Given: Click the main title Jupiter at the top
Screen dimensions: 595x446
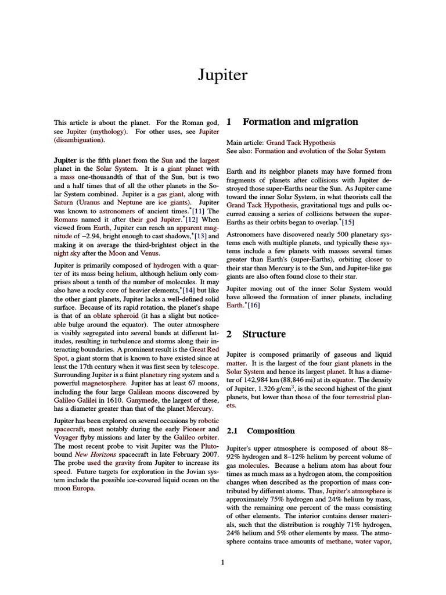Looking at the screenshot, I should (x=223, y=76).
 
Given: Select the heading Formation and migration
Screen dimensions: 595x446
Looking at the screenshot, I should (x=300, y=122).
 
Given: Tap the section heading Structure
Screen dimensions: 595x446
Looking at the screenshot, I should (x=264, y=334).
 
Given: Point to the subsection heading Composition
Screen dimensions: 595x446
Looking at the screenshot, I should (x=271, y=431).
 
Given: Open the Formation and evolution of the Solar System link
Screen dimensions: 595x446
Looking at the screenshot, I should (x=320, y=150).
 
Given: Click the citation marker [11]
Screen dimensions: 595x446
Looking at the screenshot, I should (x=198, y=211).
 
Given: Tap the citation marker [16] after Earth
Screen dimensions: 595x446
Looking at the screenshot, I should (x=254, y=305).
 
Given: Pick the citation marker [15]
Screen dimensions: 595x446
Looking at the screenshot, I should (x=347, y=222).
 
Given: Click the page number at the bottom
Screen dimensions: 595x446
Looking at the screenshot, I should (x=223, y=562).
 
